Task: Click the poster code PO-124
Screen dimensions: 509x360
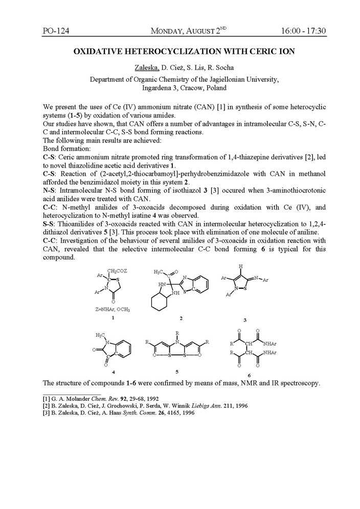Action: coord(56,31)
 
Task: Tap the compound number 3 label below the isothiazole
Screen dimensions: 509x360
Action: coord(245,320)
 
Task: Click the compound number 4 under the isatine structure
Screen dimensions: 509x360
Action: coord(113,372)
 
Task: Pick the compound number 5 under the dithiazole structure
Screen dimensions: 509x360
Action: coord(176,372)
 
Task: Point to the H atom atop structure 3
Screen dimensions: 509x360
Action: coord(242,266)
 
